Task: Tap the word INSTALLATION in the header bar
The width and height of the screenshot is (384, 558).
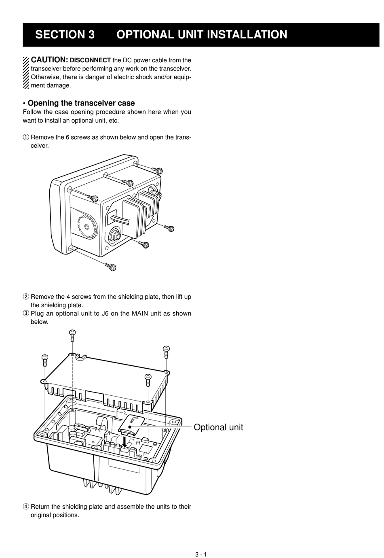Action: (247, 35)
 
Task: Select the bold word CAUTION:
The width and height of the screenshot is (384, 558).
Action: (49, 60)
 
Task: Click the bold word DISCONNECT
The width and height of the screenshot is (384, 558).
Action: (90, 60)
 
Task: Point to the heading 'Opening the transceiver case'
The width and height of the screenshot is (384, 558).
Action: (81, 103)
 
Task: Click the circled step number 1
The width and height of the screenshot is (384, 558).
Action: (26, 137)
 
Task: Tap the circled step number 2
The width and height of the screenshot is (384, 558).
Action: (26, 297)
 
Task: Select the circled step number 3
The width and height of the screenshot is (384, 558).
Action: (26, 313)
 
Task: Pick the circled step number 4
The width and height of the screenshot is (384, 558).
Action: (26, 507)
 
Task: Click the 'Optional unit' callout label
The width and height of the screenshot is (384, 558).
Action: (218, 427)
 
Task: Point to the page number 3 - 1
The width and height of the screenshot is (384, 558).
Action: (201, 554)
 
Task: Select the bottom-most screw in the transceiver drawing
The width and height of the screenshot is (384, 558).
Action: (111, 267)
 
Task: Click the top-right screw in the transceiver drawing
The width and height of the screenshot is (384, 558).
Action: (158, 170)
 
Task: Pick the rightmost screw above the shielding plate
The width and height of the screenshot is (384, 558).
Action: (166, 350)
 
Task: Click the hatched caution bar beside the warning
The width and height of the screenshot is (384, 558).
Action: (26, 72)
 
